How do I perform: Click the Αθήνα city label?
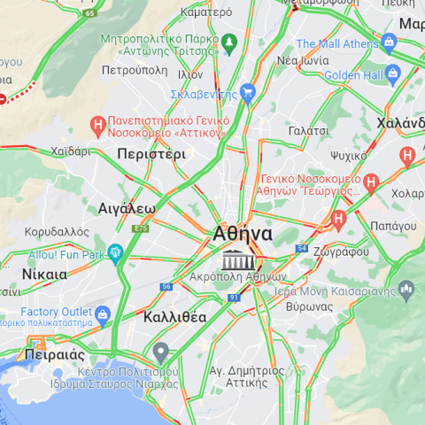click(x=243, y=234)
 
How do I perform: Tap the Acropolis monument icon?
click(x=236, y=260)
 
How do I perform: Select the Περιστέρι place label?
click(x=151, y=153)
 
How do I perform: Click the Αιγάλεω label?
click(x=127, y=209)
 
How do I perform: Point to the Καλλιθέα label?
click(x=175, y=317)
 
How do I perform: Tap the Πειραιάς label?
click(x=54, y=354)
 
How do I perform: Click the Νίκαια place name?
click(x=44, y=274)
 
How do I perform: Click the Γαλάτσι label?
click(x=309, y=130)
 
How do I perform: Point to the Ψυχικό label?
click(x=348, y=156)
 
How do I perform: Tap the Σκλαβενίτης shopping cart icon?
click(x=248, y=91)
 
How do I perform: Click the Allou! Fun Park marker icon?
click(x=115, y=254)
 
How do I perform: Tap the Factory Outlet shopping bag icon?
click(x=103, y=313)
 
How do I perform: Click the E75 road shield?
click(x=140, y=228)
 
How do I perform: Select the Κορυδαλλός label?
click(x=57, y=232)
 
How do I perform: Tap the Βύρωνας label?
click(x=310, y=305)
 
